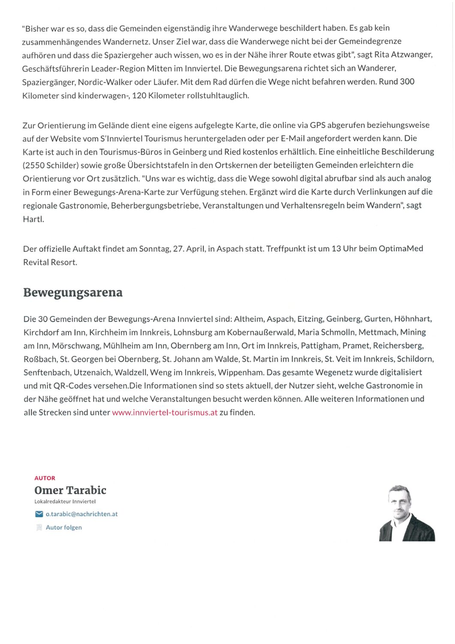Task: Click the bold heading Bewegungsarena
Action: [73, 293]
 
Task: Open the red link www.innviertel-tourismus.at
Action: [165, 413]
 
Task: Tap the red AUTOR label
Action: [45, 478]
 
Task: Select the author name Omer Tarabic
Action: [70, 490]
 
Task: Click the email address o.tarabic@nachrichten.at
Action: [81, 514]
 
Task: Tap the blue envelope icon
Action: [39, 514]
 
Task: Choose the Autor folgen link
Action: [63, 527]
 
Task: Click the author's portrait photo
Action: [407, 513]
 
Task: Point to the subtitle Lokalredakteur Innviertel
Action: [65, 501]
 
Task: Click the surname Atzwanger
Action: [412, 55]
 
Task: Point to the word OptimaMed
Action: [401, 249]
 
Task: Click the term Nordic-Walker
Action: [105, 82]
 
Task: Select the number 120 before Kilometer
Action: [139, 95]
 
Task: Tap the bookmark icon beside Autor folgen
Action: [39, 527]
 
